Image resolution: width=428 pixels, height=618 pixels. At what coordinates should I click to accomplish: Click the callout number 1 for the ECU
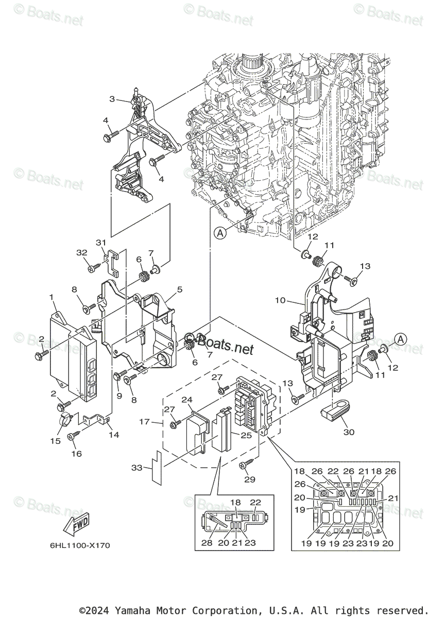52,297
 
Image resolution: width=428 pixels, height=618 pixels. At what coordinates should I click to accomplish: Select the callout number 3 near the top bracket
111,99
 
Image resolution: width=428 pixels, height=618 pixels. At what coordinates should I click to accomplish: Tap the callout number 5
179,290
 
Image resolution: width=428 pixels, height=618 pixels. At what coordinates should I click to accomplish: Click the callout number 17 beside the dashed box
145,422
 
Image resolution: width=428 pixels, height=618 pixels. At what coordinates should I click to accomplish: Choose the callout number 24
186,399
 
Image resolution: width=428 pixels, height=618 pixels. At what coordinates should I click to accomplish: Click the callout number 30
349,432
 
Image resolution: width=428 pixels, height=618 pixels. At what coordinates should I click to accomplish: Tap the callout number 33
136,468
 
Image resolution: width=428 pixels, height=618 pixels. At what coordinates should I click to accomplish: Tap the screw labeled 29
245,465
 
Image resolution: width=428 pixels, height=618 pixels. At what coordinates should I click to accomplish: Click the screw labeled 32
93,268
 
